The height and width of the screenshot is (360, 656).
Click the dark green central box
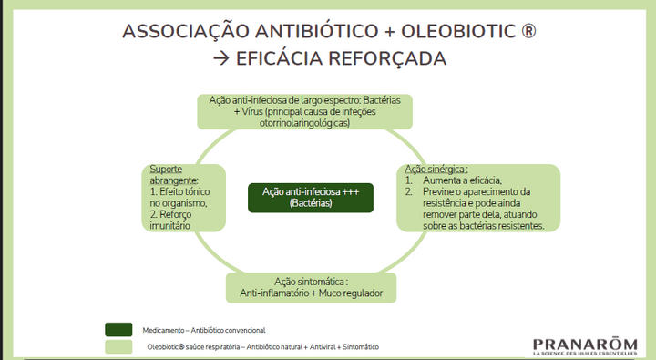pyautogui.click(x=310, y=197)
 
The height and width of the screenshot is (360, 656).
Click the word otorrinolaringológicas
pyautogui.click(x=305, y=121)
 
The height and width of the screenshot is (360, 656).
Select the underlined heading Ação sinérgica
pyautogui.click(x=436, y=170)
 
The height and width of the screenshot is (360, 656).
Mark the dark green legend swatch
pyautogui.click(x=119, y=328)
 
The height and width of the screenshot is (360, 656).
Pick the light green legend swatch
pyautogui.click(x=119, y=347)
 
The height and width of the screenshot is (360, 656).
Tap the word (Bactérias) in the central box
pyautogui.click(x=310, y=203)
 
